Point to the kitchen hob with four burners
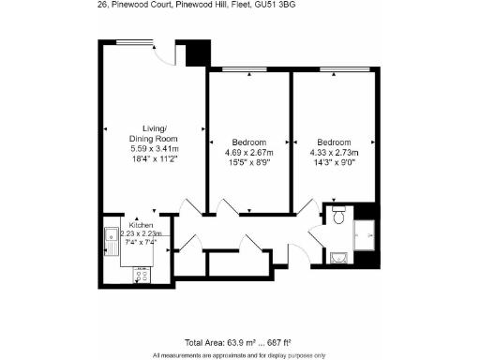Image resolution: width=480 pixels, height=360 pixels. [142, 274]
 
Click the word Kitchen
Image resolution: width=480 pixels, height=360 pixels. [142, 225]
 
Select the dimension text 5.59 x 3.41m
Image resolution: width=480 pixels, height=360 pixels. [155, 149]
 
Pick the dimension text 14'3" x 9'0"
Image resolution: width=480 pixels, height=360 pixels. [333, 160]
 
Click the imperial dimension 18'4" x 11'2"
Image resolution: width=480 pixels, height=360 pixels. [155, 159]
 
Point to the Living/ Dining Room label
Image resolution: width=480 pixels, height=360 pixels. [155, 133]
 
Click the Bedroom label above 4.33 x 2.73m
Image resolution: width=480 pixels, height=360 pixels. [333, 139]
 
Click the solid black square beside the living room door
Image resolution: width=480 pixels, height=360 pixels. [194, 53]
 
